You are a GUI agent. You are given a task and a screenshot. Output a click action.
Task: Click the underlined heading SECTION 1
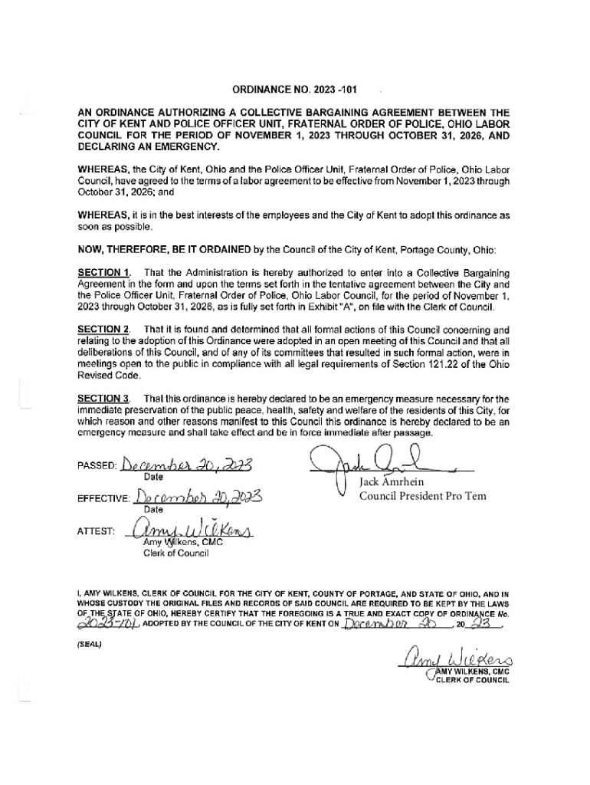click(103, 272)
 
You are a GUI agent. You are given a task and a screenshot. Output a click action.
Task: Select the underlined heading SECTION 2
click(103, 329)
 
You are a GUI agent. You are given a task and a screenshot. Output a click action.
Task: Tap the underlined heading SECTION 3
click(103, 399)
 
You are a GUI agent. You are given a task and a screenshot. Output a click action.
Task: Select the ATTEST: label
click(95, 530)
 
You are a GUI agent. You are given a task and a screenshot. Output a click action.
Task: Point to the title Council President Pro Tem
click(422, 495)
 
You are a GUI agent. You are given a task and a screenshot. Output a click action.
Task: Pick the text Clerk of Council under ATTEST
click(176, 554)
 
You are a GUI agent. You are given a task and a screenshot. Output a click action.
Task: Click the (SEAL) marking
click(92, 643)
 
